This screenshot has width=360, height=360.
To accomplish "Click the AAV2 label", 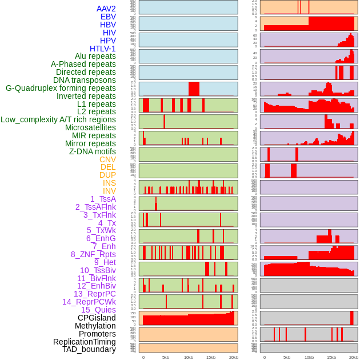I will click(x=106, y=9).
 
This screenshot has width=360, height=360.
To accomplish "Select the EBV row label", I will click(x=108, y=17).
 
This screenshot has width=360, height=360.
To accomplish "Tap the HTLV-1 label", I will click(x=103, y=49).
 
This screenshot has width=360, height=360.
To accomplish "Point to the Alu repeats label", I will click(x=95, y=56).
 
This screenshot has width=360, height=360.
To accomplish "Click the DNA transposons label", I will click(x=85, y=80).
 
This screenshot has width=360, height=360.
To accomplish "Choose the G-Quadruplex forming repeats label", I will click(x=61, y=88).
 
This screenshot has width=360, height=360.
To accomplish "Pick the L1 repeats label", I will click(x=97, y=104).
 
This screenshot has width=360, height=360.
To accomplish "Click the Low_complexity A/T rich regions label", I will click(x=58, y=119).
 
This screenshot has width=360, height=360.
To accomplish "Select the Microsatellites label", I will click(x=90, y=127).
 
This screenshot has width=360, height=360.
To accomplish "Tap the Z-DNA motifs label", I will click(x=93, y=151).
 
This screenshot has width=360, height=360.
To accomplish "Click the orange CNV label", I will click(x=107, y=159).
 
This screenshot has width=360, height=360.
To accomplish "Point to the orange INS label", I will click(x=109, y=183).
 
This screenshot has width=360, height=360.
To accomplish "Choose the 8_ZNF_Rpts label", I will click(x=93, y=254).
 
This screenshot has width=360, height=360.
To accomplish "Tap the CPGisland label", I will click(x=97, y=318).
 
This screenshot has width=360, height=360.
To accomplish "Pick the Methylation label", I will click(x=95, y=326).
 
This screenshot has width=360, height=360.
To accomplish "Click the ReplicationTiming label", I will click(x=84, y=342).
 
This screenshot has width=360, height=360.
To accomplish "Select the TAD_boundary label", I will click(x=89, y=349).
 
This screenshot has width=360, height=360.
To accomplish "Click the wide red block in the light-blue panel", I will click(x=194, y=89).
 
